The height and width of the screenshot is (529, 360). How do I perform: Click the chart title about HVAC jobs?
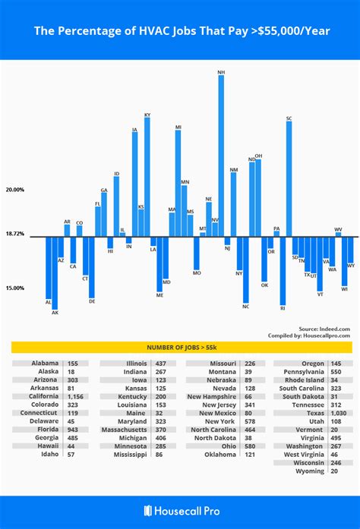(x=180, y=32)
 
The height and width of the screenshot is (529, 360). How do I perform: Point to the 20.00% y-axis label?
(x=15, y=190)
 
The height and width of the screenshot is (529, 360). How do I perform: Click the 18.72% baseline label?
(x=15, y=235)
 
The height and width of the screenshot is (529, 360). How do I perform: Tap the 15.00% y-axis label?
(x=15, y=288)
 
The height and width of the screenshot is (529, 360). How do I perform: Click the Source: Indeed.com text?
(x=324, y=329)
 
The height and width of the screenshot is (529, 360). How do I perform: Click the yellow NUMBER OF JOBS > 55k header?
(x=180, y=347)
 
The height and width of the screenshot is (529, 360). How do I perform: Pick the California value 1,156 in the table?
(x=76, y=396)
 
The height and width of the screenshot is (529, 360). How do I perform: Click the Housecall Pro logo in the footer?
(x=180, y=512)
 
